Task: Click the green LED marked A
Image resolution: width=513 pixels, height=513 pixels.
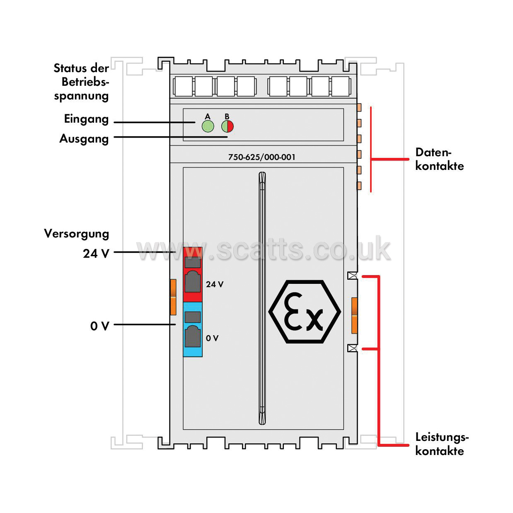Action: point(208,126)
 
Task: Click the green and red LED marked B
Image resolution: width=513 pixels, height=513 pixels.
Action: point(227,126)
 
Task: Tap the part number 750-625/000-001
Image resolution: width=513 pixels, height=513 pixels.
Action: point(261,157)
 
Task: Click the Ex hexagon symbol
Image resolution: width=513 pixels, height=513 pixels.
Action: point(305,312)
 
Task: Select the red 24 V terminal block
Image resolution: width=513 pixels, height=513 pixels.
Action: point(193,274)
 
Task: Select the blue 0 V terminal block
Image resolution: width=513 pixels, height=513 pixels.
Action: point(193,329)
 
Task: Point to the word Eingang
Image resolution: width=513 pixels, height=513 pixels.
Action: point(86,119)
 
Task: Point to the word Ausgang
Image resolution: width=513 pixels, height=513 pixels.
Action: point(84,139)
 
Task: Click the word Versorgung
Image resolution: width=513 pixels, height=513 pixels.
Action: point(77,234)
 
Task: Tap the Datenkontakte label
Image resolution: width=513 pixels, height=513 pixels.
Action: point(439,159)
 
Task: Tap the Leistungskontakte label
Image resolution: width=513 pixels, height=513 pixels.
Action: point(442,444)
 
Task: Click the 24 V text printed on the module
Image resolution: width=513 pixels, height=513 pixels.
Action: point(215,284)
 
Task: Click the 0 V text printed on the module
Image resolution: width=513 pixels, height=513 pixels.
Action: point(212,338)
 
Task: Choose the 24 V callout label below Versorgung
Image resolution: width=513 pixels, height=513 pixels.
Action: point(96,254)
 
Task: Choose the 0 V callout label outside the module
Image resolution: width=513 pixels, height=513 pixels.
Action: point(99,326)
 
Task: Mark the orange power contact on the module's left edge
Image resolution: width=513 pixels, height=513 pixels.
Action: point(173,297)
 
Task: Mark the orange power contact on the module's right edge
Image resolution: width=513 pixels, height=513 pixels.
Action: point(354,315)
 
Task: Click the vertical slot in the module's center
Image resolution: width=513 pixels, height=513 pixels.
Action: point(262,298)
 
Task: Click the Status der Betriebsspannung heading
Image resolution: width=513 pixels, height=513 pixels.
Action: point(81,82)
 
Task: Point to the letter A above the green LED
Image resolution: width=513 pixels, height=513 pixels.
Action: point(208,116)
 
